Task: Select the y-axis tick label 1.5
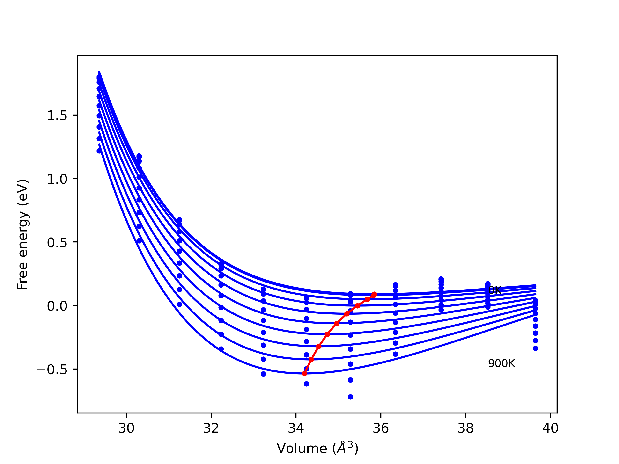(x=57, y=116)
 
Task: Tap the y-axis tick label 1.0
(x=57, y=179)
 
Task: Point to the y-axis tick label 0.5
(x=57, y=242)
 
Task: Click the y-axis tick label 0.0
(x=57, y=306)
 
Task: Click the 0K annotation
(x=494, y=290)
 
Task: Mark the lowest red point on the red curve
(x=304, y=374)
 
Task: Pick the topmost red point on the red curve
(x=374, y=294)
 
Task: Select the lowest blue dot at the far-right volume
(x=535, y=348)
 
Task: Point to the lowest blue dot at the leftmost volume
(x=99, y=151)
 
